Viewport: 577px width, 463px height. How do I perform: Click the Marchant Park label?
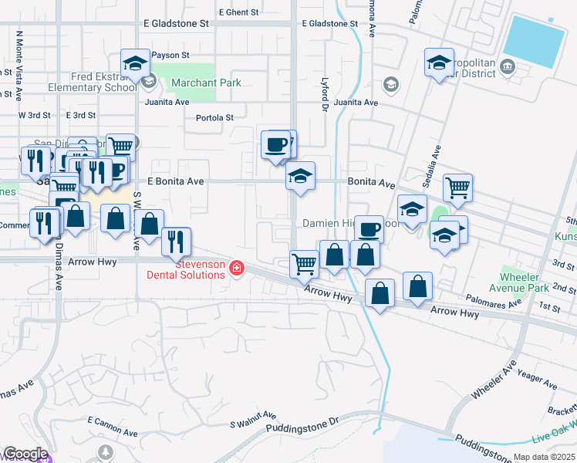click(x=206, y=83)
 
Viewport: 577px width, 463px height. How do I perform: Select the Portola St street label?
click(x=214, y=118)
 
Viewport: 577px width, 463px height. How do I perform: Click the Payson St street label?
click(x=170, y=56)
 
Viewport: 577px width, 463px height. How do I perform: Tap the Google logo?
click(x=25, y=453)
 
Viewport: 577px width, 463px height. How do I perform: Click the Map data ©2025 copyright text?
click(x=544, y=458)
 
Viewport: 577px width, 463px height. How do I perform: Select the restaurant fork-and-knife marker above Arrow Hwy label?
click(x=177, y=241)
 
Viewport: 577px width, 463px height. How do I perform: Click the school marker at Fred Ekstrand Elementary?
click(x=135, y=64)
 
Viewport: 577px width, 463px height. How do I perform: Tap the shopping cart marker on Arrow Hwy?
click(x=304, y=263)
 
